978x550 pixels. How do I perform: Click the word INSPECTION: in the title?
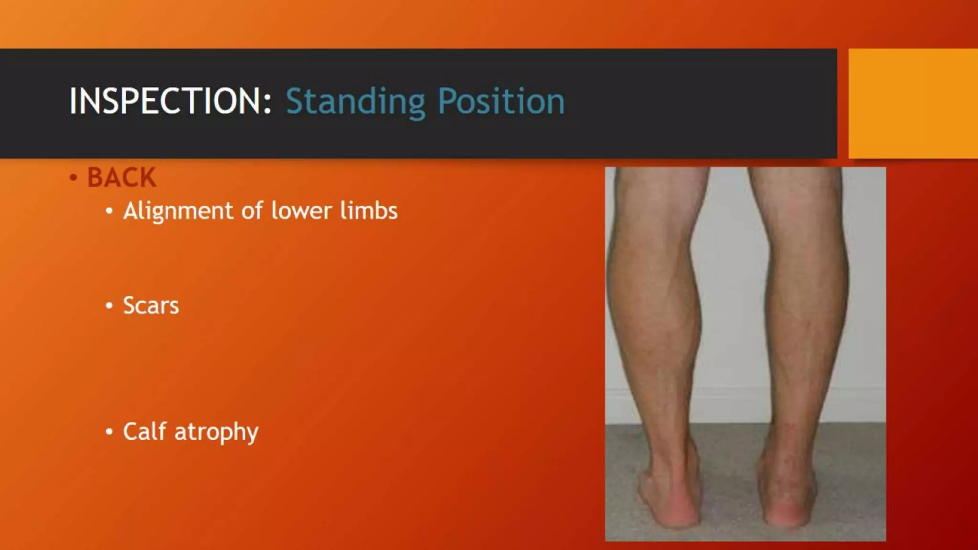pyautogui.click(x=170, y=101)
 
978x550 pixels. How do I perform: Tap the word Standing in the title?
pyautogui.click(x=355, y=102)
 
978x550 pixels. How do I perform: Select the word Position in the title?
pyautogui.click(x=501, y=102)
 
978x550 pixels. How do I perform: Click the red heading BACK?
pyautogui.click(x=121, y=178)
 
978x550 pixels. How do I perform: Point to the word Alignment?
pyautogui.click(x=178, y=211)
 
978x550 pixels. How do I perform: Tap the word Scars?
pyautogui.click(x=151, y=306)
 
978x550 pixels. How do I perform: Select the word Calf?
pyautogui.click(x=145, y=431)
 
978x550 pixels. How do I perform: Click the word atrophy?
pyautogui.click(x=216, y=433)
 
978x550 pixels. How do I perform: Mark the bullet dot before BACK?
pyautogui.click(x=73, y=178)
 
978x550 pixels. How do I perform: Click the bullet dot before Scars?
pyautogui.click(x=109, y=306)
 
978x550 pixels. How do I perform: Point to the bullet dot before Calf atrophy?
pyautogui.click(x=109, y=432)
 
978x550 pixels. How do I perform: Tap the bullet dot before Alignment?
pyautogui.click(x=109, y=211)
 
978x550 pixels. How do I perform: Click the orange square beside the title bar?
pyautogui.click(x=913, y=103)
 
